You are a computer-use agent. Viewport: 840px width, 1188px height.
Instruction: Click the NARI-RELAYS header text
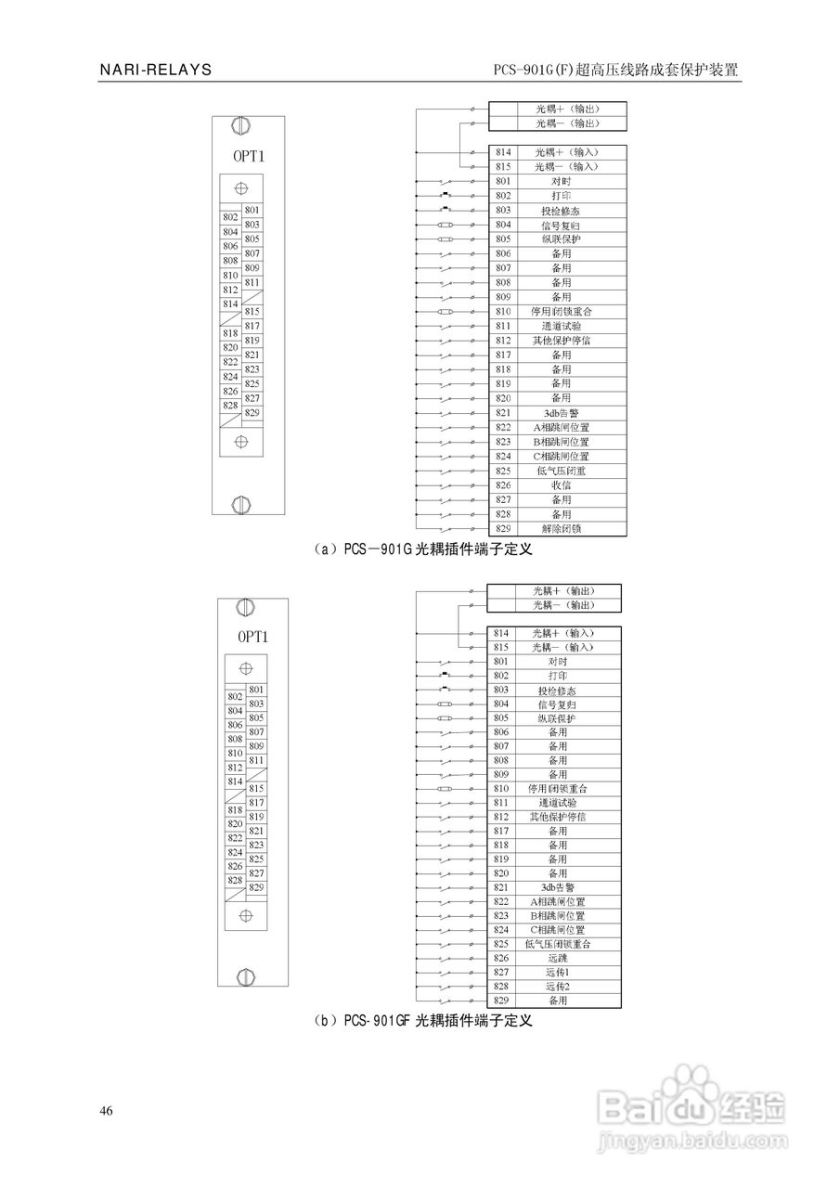click(156, 70)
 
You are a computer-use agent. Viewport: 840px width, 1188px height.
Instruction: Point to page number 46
click(107, 1112)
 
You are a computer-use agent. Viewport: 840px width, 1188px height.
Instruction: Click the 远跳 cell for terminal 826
click(557, 958)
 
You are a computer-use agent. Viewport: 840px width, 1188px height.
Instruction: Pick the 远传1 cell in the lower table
click(557, 972)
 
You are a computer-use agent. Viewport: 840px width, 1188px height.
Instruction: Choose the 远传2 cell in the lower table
click(557, 987)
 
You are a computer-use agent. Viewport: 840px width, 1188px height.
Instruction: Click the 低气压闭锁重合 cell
click(557, 944)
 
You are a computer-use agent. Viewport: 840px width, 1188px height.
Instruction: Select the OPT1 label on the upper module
click(249, 156)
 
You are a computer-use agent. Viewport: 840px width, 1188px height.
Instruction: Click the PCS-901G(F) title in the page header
click(617, 71)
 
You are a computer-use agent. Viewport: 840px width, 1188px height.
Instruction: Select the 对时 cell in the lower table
click(557, 662)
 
